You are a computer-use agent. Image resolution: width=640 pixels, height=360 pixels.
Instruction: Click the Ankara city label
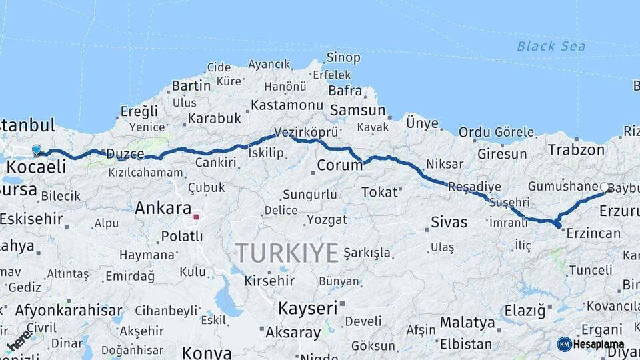[163, 208]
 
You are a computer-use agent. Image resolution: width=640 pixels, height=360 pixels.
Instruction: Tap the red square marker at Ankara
[196, 217]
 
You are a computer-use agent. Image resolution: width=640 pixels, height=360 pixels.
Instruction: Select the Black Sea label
[551, 46]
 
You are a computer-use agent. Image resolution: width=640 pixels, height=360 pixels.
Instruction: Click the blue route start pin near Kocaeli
[36, 151]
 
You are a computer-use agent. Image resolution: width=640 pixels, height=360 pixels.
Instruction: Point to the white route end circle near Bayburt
[604, 187]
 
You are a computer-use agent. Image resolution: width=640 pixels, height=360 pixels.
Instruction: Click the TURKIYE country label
[287, 253]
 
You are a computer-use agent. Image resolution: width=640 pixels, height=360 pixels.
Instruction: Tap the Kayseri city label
[307, 308]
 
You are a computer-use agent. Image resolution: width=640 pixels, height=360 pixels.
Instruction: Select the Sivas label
[449, 222]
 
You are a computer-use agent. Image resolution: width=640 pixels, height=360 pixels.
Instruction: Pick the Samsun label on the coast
[358, 111]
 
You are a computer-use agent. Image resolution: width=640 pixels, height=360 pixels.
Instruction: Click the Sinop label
[343, 58]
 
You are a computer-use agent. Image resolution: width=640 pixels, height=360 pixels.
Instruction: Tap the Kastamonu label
[287, 105]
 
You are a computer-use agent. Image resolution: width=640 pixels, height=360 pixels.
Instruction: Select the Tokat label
[379, 193]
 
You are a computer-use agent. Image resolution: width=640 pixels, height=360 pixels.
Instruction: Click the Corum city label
[339, 165]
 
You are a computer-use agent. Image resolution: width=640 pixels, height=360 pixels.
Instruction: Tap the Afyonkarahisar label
[69, 310]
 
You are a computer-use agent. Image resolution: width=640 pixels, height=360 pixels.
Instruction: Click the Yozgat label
[327, 219]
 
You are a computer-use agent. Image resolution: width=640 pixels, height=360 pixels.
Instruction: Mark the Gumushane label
[562, 186]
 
